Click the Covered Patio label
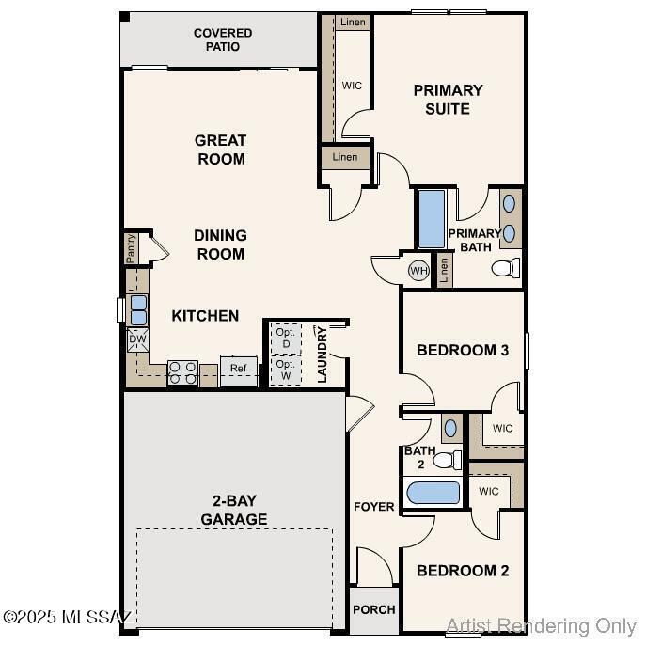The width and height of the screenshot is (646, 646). (x=223, y=39)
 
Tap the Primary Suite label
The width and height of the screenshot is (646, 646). (x=448, y=99)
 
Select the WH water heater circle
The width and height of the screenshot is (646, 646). (x=418, y=271)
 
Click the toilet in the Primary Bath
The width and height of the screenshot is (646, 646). (x=505, y=268)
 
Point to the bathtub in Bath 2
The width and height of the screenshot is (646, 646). (x=433, y=493)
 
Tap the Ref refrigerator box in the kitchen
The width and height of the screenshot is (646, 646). (x=239, y=369)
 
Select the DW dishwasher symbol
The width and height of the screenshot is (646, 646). (x=137, y=339)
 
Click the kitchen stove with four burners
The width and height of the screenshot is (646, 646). (x=182, y=373)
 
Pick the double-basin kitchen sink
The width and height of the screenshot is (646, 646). (x=138, y=309)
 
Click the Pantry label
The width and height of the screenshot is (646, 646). (x=132, y=249)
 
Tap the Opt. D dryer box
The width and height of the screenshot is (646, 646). (x=285, y=338)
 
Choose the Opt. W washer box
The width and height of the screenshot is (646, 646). (x=285, y=369)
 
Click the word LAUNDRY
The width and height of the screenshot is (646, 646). (x=322, y=355)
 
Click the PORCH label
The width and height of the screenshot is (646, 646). (x=373, y=609)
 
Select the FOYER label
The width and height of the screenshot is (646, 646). (x=373, y=507)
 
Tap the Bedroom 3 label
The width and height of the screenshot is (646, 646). (x=462, y=350)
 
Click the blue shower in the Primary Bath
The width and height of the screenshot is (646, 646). (x=431, y=219)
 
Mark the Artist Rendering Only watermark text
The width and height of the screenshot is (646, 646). (x=541, y=626)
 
